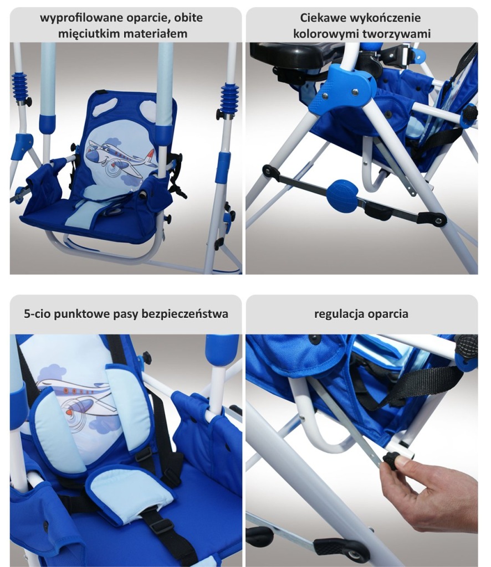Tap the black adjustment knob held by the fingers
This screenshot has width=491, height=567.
391,460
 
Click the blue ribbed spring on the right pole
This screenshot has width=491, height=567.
229,98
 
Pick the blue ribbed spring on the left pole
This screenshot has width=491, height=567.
20,86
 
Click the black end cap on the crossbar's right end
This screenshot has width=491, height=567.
432,218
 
